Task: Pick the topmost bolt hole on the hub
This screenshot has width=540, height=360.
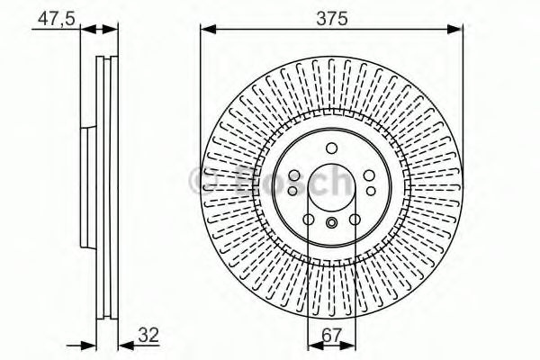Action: click(330, 148)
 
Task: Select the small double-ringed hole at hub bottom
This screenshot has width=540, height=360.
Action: click(331, 224)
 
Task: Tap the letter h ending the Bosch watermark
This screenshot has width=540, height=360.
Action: click(340, 183)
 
